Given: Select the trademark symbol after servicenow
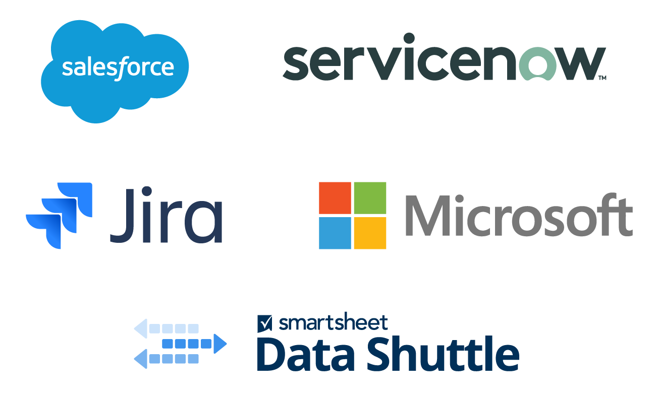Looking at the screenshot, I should [x=602, y=78].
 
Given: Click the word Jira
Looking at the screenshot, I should [x=166, y=215].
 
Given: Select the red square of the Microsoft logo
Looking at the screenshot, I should [x=335, y=198].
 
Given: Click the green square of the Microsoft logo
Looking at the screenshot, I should [x=370, y=198].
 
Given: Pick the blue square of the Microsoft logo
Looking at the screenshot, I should [x=335, y=233].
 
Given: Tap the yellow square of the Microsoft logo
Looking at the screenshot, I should [x=370, y=233].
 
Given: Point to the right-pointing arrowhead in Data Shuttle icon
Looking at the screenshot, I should [x=221, y=344].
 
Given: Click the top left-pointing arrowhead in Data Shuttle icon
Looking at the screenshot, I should [x=140, y=328].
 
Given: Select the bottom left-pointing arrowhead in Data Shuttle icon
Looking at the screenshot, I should [x=140, y=359].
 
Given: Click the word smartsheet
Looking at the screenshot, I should [x=333, y=322].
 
